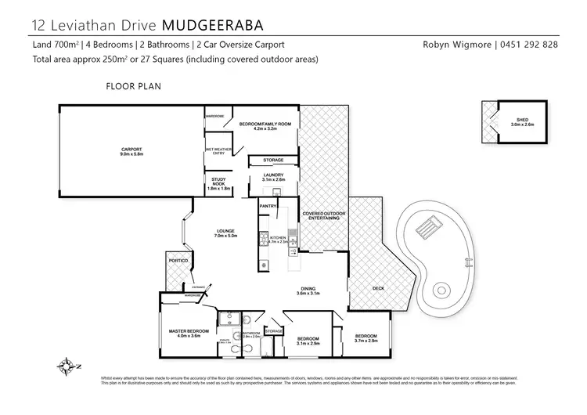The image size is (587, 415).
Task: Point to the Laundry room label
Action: tap(272, 177)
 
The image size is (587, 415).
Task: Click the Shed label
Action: tap(521, 121)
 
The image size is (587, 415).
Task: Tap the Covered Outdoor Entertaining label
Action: tap(320, 215)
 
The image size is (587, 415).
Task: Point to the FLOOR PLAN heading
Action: tap(133, 86)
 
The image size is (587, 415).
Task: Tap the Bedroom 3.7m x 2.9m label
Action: tap(366, 338)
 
